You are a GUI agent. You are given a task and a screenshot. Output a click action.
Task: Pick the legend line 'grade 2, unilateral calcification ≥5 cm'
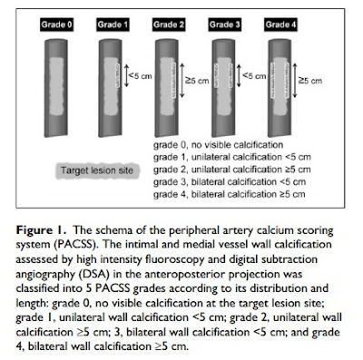[232, 169]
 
